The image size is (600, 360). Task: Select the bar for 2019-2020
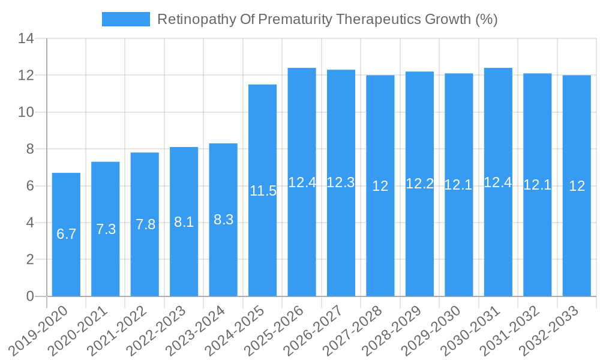click(66, 235)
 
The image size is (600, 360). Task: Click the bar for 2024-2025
click(262, 190)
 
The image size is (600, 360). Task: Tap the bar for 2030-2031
click(498, 182)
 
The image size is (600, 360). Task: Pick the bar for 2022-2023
click(184, 221)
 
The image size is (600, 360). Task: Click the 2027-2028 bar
click(380, 185)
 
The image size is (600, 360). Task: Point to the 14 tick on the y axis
click(26, 39)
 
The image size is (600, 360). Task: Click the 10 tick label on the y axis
click(26, 112)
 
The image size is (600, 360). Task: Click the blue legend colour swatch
click(126, 19)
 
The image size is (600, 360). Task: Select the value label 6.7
click(66, 234)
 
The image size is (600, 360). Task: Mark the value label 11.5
click(263, 191)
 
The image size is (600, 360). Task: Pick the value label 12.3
click(341, 182)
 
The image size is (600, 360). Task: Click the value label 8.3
click(223, 220)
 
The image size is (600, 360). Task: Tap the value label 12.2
click(419, 184)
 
